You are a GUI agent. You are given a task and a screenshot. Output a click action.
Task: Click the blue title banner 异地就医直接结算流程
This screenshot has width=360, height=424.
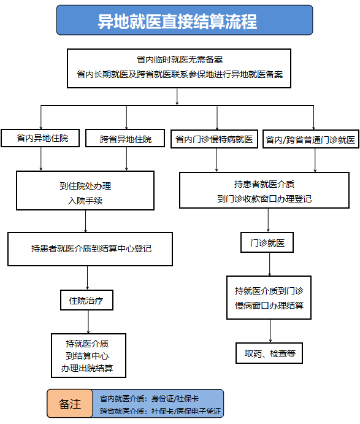pos(185,20)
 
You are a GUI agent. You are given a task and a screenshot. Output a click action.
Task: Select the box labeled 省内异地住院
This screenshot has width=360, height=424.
pos(40,138)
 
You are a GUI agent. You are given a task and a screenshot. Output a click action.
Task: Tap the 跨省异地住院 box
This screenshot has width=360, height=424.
pos(125,139)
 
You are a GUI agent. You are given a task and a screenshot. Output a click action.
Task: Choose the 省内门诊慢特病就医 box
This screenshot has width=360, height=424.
pos(214,139)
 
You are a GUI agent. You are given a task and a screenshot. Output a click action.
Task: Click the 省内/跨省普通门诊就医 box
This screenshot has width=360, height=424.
pos(311,139)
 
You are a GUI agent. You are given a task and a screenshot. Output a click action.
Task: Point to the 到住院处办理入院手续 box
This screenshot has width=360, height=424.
pos(85,190)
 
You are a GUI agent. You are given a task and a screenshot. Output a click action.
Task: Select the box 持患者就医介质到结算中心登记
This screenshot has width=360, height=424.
pos(90,249)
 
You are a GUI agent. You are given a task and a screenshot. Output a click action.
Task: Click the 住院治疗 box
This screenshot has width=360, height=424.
pos(86,300)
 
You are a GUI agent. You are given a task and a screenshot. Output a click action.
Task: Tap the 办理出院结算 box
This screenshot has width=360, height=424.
pos(89,356)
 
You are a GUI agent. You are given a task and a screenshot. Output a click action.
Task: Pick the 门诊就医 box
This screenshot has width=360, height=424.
pos(267,242)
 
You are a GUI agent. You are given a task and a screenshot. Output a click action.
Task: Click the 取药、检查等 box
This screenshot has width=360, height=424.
pos(269,353)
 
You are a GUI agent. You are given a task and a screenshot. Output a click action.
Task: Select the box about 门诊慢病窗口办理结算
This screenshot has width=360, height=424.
pos(269,298)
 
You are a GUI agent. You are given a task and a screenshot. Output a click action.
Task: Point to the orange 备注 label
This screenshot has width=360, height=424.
pos(70,404)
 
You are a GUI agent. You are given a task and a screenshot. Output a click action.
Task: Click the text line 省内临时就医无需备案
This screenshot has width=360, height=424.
pos(180,60)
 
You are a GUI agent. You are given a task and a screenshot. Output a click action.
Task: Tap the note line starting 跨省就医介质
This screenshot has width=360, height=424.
pos(160,411)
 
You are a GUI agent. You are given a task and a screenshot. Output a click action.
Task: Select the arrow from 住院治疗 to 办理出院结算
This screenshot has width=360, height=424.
pos(88,322)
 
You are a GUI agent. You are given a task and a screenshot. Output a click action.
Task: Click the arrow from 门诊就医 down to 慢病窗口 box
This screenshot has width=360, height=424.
pos(269,264)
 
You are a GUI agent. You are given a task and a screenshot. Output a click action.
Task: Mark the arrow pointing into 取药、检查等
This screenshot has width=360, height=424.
pos(270,331)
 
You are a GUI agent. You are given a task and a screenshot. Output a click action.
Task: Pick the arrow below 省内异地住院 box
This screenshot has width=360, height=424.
pos(41,159)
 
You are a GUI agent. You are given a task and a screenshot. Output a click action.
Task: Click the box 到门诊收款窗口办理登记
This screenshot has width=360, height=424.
pos(264,190)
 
